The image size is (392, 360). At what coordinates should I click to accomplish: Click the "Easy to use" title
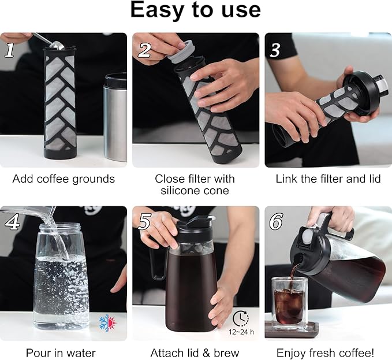point(195,10)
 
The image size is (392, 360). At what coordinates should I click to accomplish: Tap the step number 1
point(10,50)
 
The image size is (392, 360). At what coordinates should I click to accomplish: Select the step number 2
point(144,50)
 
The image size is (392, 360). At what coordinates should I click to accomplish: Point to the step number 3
point(275,50)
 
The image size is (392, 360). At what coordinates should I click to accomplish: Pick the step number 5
point(144,222)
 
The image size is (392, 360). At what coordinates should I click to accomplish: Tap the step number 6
point(276,222)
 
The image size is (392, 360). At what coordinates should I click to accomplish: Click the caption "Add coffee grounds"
point(64,179)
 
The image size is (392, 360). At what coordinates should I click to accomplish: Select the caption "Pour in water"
point(61,352)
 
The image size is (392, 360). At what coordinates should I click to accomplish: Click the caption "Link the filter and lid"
point(328,179)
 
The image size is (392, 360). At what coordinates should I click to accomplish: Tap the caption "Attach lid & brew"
point(195,352)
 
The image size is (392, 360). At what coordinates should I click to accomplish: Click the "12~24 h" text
point(241,333)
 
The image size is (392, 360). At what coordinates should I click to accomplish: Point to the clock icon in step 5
point(241,318)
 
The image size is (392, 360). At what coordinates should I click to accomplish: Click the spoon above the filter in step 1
point(49,41)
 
